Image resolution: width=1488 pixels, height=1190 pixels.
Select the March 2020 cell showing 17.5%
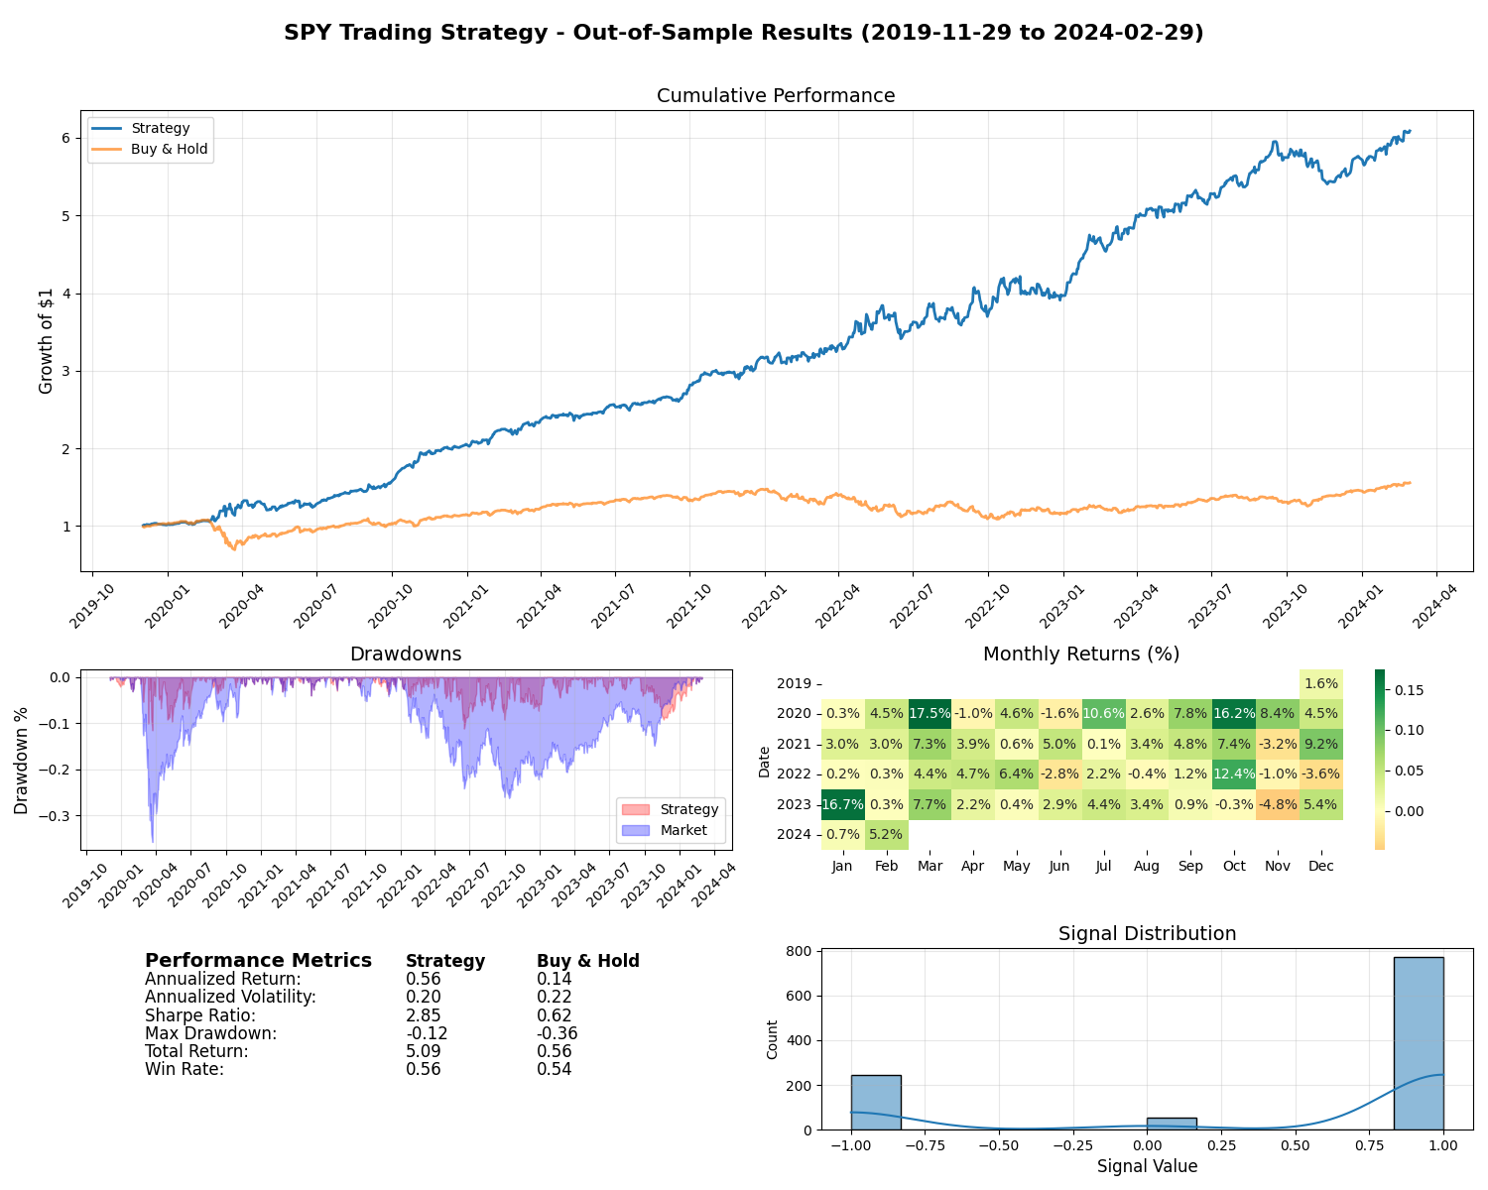930,714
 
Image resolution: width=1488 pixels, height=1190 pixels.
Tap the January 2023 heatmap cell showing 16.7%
842,804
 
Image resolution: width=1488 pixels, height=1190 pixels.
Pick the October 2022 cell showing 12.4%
1233,773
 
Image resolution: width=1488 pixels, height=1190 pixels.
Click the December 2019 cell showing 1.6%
1320,683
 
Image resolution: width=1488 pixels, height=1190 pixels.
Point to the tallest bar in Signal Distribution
1418,1043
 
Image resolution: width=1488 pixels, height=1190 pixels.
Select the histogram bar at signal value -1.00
876,1102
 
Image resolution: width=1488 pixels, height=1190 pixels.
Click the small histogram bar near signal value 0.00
1171,1124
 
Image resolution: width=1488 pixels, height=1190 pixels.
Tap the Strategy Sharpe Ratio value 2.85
423,1015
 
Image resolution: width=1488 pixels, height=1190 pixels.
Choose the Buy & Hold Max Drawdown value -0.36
557,1033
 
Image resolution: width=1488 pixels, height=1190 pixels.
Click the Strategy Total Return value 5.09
423,1051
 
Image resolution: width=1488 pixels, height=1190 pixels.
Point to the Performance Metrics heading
258,961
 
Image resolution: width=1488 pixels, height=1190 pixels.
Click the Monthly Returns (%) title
1080,654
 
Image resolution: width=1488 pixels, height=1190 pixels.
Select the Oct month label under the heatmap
1234,866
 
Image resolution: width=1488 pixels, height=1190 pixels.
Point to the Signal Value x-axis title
1147,1166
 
